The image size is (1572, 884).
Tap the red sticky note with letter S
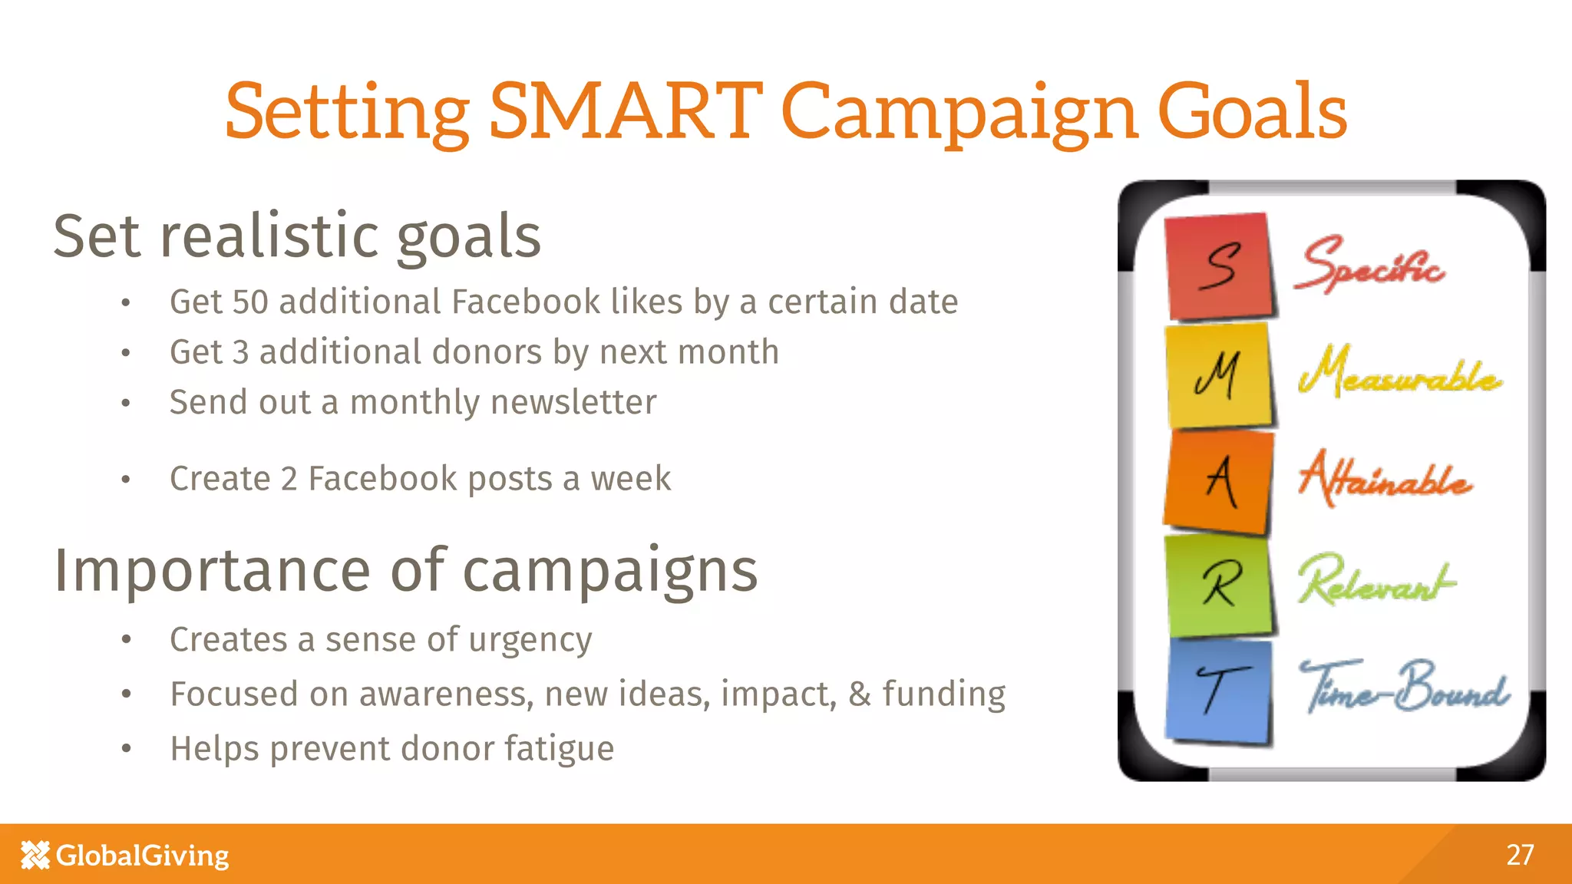coord(1219,266)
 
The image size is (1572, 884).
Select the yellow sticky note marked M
coord(1219,375)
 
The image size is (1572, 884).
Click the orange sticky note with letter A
coord(1219,481)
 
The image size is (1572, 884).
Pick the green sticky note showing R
coord(1219,585)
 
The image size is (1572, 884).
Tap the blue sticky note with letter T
coord(1219,691)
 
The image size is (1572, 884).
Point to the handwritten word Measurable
coord(1399,373)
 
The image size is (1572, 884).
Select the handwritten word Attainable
coord(1385,479)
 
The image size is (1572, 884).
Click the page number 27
coord(1520,855)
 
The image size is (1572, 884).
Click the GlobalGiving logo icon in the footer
coord(35,855)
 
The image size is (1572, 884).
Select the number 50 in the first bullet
coord(250,302)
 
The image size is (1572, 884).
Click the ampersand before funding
coord(860,694)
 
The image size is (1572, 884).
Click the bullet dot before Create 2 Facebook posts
coord(126,480)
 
